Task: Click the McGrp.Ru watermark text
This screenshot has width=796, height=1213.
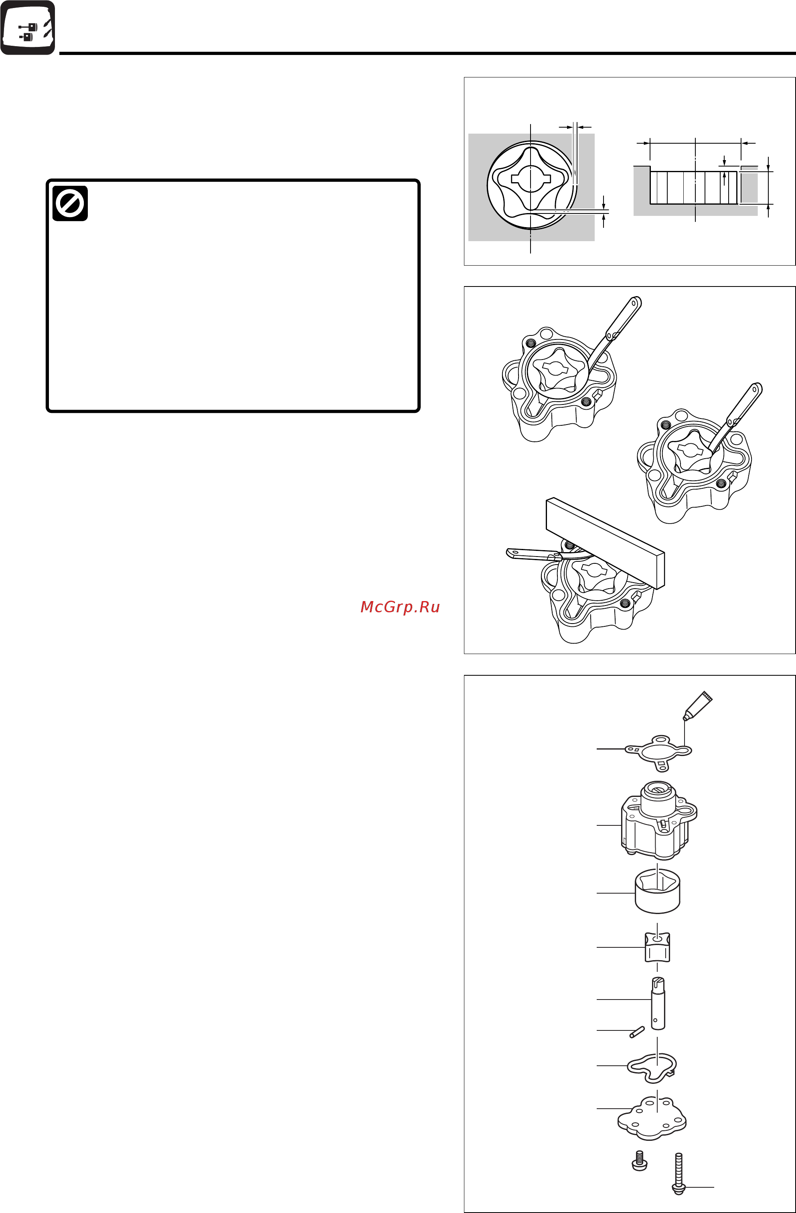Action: coord(400,607)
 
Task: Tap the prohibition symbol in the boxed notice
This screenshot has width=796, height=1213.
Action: coord(70,203)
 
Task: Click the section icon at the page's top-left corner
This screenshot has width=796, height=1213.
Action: coord(28,28)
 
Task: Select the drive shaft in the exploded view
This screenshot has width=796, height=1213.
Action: coord(658,1003)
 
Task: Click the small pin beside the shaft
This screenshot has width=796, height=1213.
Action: coord(637,1032)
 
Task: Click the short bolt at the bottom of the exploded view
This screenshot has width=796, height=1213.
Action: coord(639,1160)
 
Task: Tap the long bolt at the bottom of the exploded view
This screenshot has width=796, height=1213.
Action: coord(679,1174)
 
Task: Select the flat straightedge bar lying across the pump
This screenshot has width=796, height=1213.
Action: coord(606,543)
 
